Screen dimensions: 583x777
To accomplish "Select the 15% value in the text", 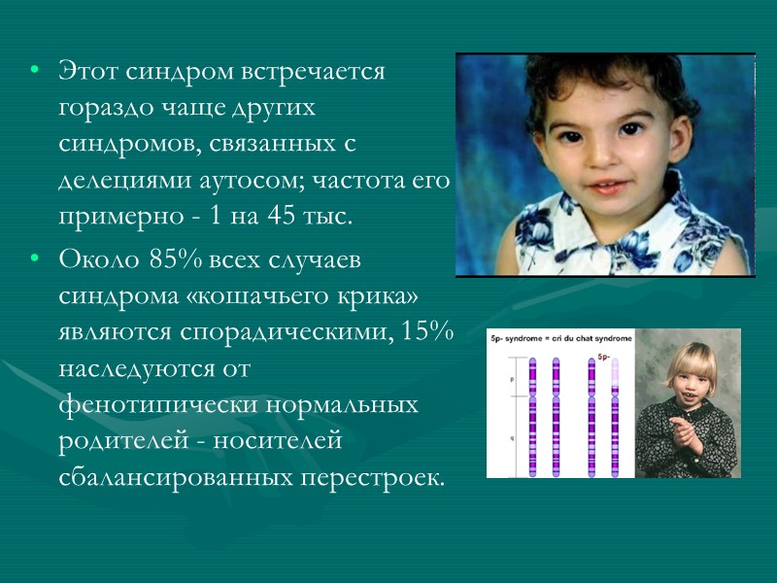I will click(x=426, y=331).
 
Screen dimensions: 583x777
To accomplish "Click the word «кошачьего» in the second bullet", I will click(x=250, y=296).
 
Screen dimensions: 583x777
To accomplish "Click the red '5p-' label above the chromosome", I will click(x=603, y=357).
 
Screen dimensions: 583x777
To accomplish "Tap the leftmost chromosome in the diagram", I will click(x=532, y=418).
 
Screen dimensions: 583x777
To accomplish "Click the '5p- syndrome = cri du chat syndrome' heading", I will click(x=560, y=338).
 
